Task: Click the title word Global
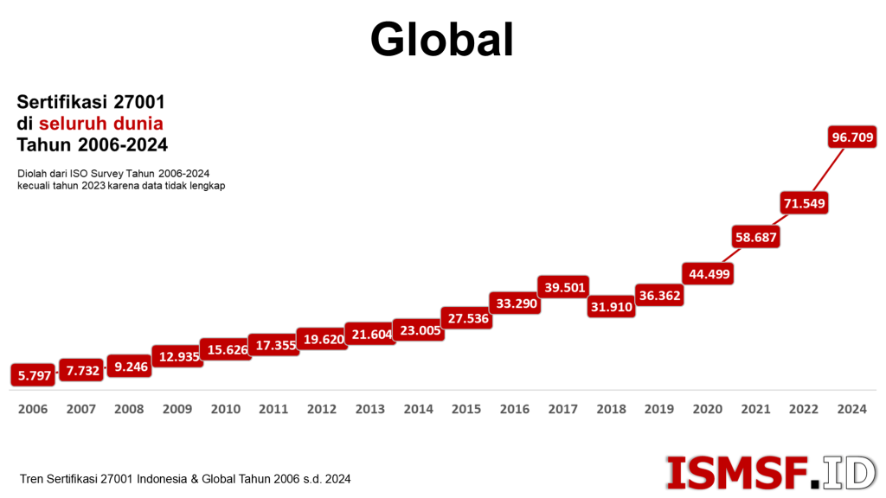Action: point(442,39)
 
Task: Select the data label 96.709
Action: point(852,137)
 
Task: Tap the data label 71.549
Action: point(804,204)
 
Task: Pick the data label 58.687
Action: point(755,237)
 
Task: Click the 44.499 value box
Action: point(707,274)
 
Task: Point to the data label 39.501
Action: point(562,287)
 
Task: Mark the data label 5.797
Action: point(32,375)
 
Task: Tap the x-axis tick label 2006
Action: point(33,409)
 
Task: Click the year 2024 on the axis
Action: point(851,409)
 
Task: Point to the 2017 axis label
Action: point(562,409)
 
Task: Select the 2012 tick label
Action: point(322,409)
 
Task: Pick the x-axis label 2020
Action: point(707,409)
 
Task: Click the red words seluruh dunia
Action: point(100,123)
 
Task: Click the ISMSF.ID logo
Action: point(770,472)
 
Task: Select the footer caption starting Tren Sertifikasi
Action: point(185,478)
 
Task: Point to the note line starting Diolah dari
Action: point(113,174)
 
